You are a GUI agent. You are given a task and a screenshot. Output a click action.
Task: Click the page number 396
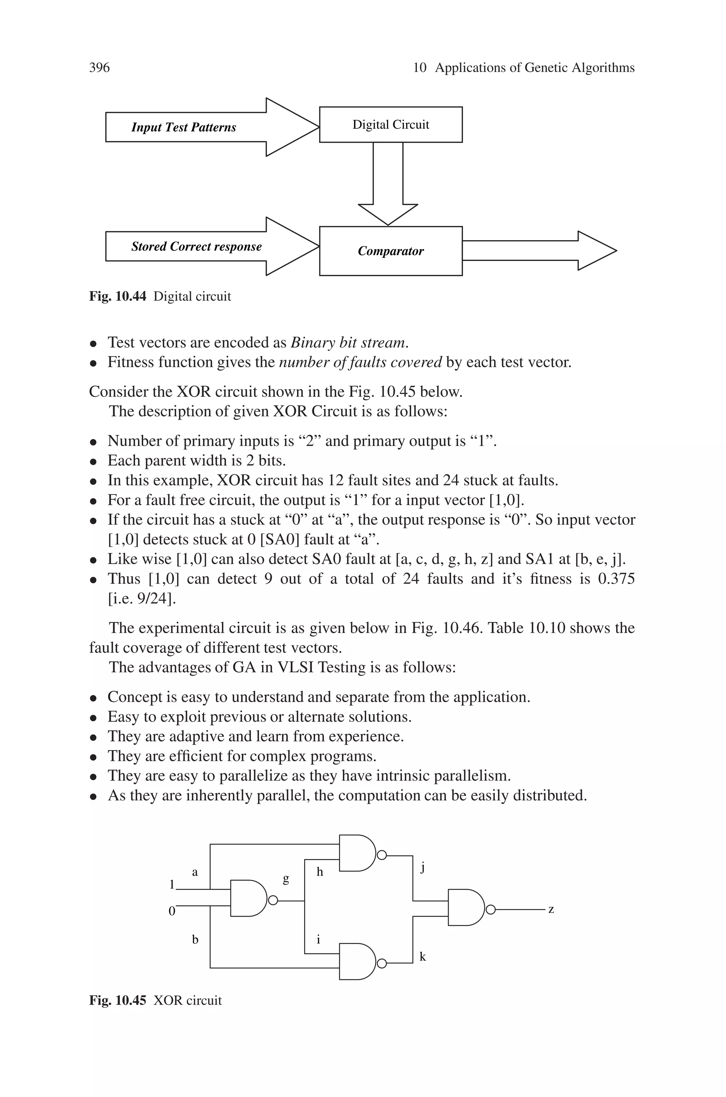99,68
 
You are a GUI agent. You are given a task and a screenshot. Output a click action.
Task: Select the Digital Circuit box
390,125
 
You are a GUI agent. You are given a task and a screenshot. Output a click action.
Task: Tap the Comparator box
390,251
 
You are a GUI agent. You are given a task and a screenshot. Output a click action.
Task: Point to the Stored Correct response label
196,247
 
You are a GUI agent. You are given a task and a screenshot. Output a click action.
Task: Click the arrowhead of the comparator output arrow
597,250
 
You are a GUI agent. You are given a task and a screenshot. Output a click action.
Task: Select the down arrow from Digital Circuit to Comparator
388,185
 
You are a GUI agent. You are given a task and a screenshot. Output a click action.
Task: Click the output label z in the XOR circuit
551,909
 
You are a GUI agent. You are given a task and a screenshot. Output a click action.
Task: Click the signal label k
422,957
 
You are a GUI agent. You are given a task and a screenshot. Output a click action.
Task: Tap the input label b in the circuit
195,939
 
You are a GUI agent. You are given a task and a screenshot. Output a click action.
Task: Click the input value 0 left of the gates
172,911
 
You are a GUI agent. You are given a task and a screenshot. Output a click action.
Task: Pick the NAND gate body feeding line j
357,853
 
